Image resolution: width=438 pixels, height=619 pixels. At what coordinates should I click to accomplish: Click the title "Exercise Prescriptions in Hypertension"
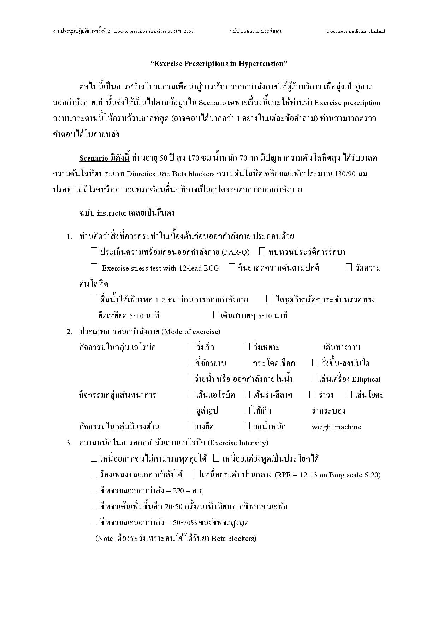[x=219, y=64]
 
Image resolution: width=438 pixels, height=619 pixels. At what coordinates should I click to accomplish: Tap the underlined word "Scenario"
[x=94, y=158]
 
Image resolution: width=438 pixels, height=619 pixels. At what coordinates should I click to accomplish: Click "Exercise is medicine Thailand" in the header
[x=355, y=31]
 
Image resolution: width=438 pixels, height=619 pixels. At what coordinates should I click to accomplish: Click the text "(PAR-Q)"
[x=235, y=252]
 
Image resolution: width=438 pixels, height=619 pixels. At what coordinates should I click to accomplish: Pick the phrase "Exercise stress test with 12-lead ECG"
[x=160, y=268]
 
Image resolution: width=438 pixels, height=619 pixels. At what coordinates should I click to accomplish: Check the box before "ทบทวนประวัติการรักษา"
[x=262, y=251]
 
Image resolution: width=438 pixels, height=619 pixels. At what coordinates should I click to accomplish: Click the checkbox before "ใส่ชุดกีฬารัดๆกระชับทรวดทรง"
[x=269, y=299]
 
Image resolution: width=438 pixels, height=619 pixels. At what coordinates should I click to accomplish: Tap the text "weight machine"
[x=336, y=427]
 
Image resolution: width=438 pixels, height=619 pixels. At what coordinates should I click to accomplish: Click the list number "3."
[x=69, y=443]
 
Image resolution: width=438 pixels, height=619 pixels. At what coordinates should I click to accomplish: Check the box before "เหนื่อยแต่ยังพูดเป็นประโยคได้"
[x=217, y=458]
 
